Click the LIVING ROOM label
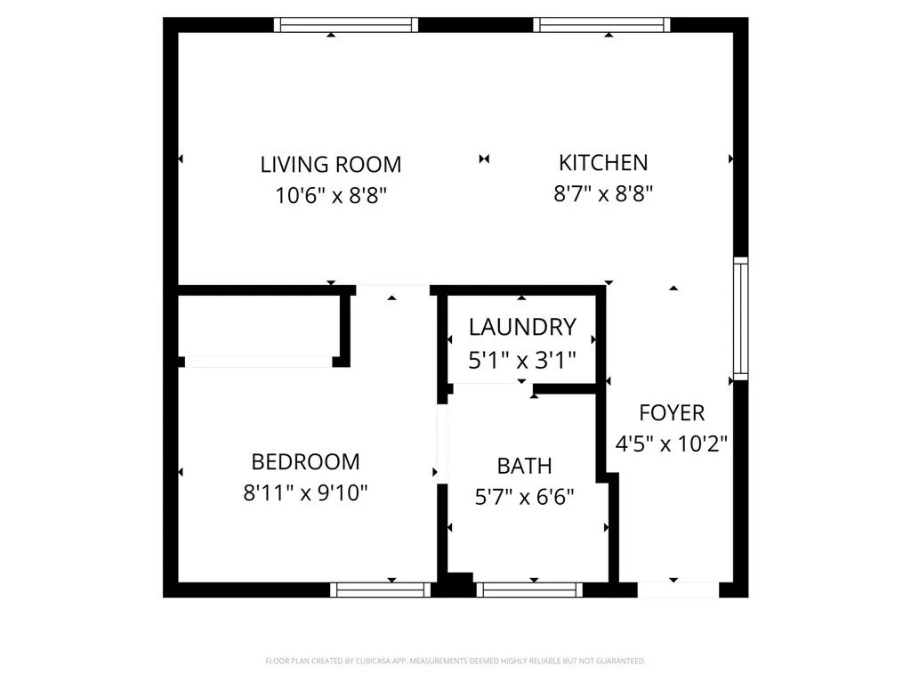pos(331,165)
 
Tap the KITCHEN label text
pos(603,163)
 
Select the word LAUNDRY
pos(522,327)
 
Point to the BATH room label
pos(524,466)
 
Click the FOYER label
pos(672,413)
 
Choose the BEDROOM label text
pos(305,462)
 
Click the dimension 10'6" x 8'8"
pos(331,195)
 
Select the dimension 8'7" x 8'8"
pos(603,193)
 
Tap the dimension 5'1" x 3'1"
pos(522,360)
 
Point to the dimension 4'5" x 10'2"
pos(672,444)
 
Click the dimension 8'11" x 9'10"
pos(305,493)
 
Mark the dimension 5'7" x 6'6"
pos(524,496)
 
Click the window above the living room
pos(346,25)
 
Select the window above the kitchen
pos(602,25)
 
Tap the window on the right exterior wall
pos(740,318)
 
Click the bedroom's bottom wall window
pos(381,590)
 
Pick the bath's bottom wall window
pos(528,590)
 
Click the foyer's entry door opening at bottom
pos(678,590)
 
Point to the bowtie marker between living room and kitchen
pos(484,159)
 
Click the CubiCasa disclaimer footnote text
pos(455,661)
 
